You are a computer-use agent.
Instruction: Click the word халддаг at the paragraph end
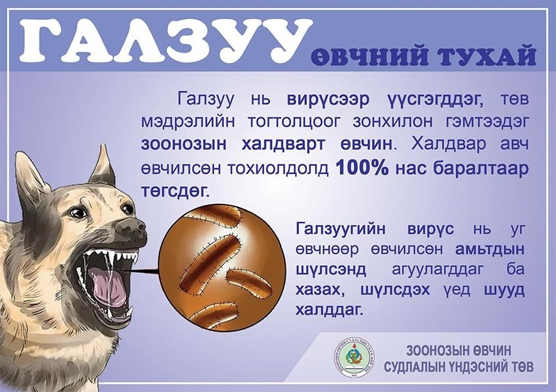coord(329,308)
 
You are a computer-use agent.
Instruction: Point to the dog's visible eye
coord(78,212)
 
